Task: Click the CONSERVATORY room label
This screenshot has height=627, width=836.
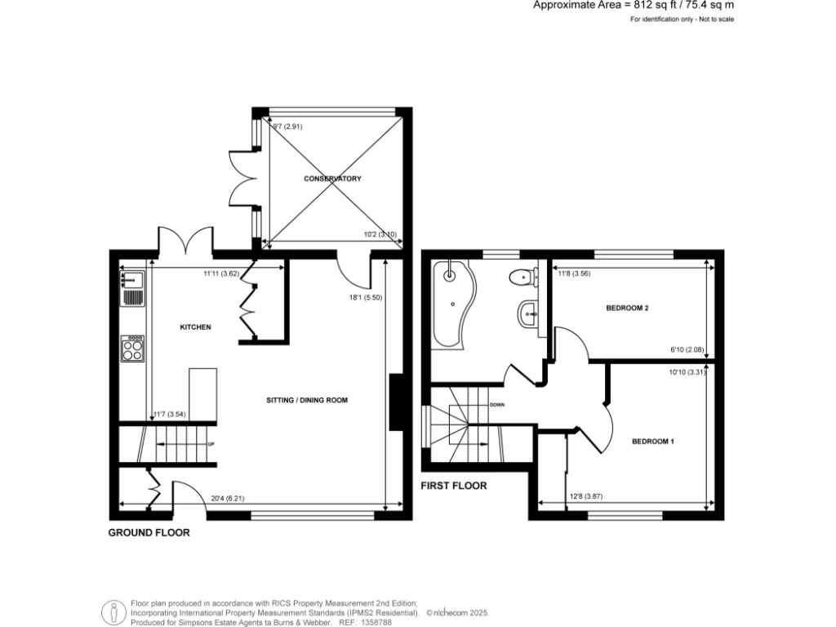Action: pos(332,179)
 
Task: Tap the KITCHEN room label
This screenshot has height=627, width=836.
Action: pos(196,327)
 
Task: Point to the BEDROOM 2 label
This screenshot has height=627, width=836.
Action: pos(627,309)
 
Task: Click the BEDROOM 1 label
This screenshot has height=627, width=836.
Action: pos(653,442)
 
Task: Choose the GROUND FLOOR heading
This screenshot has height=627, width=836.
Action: pos(149,533)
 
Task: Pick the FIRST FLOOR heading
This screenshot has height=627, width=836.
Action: pos(454,486)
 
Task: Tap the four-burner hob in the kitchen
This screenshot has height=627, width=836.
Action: pos(131,349)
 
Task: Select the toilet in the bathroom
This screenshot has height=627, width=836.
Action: pos(522,278)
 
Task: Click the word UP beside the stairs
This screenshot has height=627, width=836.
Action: pos(212,444)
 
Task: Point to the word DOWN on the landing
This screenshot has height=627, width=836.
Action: pos(497,405)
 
